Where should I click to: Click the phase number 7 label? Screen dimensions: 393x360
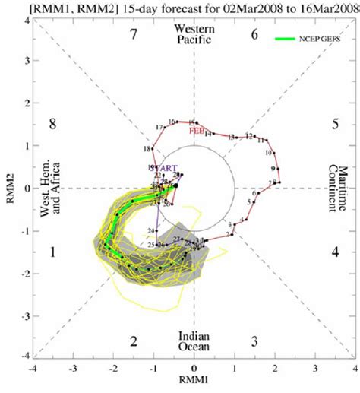[x=133, y=34]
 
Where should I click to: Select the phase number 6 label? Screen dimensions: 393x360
[x=255, y=34]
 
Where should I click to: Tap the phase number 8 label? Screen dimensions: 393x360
[x=52, y=124]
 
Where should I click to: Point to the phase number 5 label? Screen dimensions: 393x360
[x=335, y=124]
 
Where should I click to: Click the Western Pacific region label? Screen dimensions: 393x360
[x=194, y=35]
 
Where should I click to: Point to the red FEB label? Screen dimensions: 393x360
[x=201, y=130]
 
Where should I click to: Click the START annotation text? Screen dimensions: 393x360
[x=165, y=167]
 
